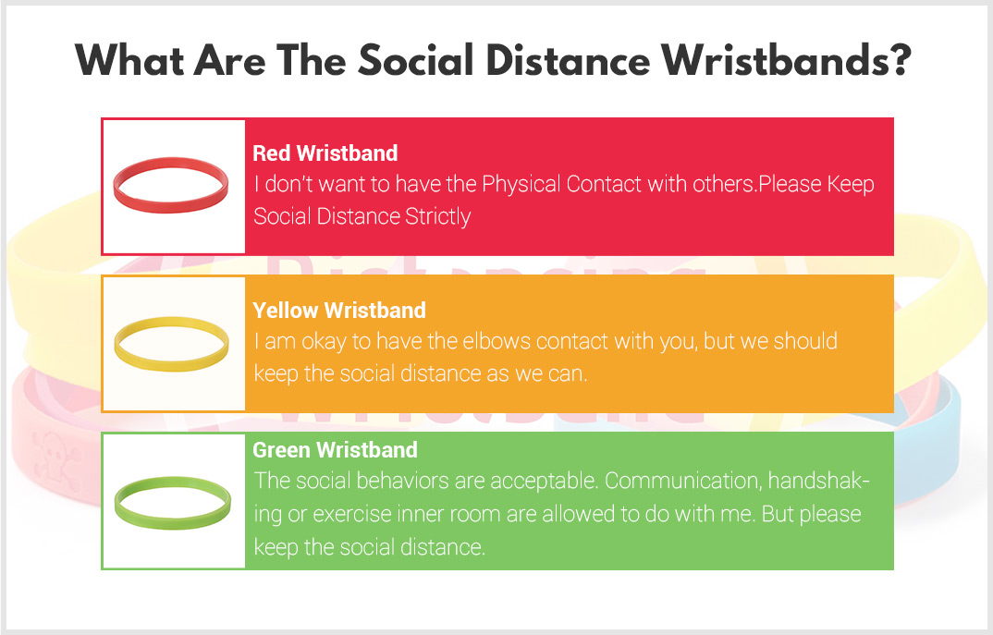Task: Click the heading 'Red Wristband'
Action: pos(325,153)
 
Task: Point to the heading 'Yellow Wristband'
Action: pos(338,311)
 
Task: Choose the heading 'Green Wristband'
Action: pos(335,450)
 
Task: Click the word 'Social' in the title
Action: pos(416,61)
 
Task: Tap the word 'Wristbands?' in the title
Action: pos(786,61)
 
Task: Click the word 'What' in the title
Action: pos(129,61)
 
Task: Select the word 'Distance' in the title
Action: pos(568,61)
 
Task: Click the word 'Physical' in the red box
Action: pos(521,184)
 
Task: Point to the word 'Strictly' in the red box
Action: pos(437,216)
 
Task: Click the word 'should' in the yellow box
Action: pos(805,341)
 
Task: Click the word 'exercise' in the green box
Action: pos(352,513)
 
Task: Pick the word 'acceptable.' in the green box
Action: pos(545,482)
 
